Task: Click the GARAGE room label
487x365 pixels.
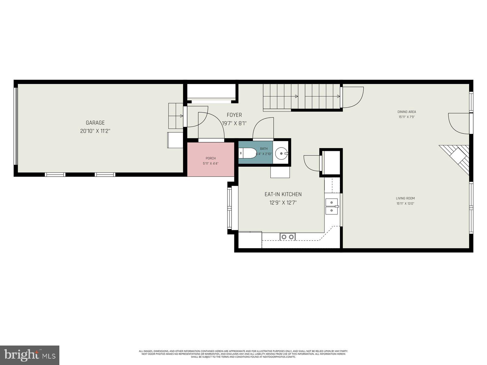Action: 95,123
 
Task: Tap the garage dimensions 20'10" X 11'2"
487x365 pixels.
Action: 95,131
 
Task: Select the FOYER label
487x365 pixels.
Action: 234,115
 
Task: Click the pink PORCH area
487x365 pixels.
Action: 211,161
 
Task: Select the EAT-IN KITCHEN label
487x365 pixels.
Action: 283,194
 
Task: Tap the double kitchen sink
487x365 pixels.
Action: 331,207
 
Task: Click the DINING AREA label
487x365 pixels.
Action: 407,112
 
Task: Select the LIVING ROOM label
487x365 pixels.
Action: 405,198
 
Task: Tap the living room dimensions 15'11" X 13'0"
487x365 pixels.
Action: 405,204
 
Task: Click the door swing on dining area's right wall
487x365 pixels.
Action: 458,123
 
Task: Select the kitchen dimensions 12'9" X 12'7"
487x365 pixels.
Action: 283,203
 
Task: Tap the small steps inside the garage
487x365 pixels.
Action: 176,116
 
